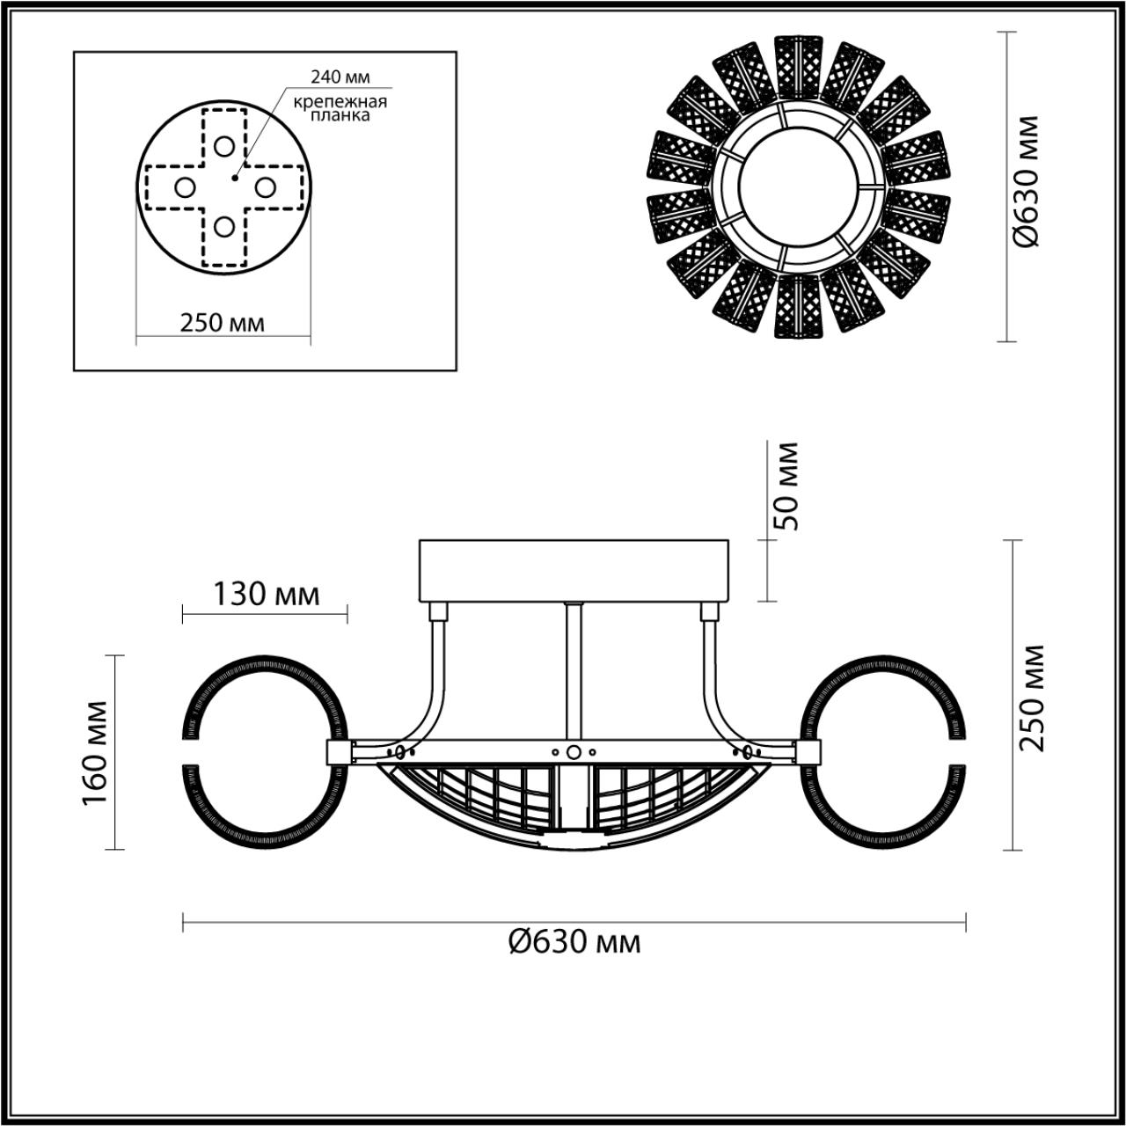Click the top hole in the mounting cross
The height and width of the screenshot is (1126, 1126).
coord(224,146)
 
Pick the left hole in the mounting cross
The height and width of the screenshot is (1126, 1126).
coord(185,186)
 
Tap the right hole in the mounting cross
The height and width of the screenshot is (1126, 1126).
coord(265,186)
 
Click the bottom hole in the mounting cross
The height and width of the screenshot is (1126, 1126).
coord(224,227)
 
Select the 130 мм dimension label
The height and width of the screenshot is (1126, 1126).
coord(266,595)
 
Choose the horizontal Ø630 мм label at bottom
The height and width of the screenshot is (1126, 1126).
coord(574,942)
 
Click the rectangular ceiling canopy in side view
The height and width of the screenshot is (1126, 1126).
coord(574,570)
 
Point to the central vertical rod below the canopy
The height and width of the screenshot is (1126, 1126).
coord(574,669)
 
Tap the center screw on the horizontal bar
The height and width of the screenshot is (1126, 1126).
coord(574,752)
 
